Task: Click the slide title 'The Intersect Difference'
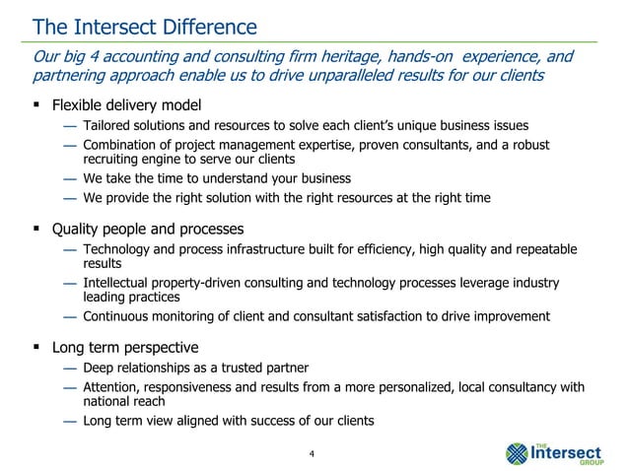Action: (x=144, y=25)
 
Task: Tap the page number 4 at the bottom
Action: (x=312, y=453)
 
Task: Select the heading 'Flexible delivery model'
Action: (x=127, y=105)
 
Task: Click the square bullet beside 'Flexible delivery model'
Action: (x=35, y=105)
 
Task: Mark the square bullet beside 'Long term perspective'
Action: (x=35, y=348)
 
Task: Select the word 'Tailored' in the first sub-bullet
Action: (x=108, y=126)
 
